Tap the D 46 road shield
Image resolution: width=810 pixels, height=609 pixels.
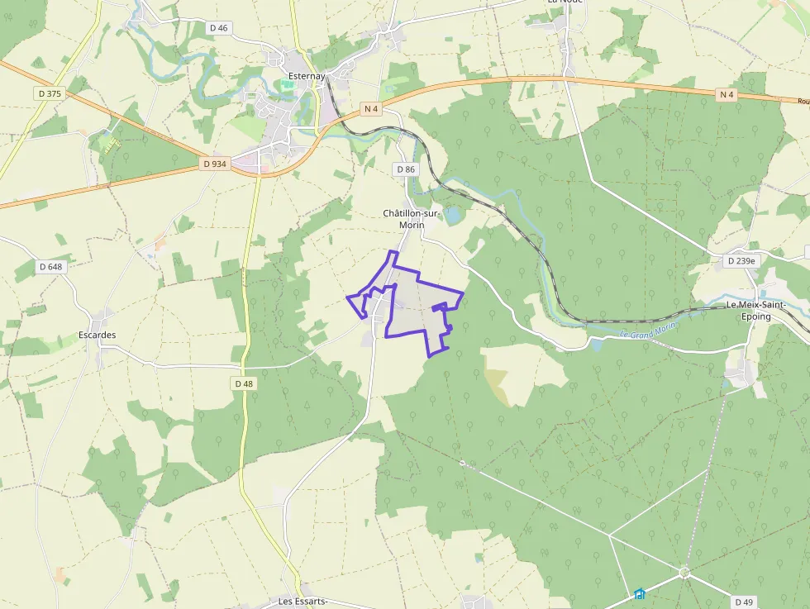(x=219, y=27)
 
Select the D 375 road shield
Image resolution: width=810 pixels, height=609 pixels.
(x=50, y=93)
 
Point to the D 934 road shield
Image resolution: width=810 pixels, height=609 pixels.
(x=214, y=164)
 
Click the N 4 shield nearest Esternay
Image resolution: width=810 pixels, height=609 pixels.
(x=371, y=108)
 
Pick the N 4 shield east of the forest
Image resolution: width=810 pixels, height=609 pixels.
(x=727, y=94)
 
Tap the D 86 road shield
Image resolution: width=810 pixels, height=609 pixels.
(x=405, y=169)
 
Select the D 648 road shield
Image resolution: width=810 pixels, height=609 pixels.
(x=50, y=266)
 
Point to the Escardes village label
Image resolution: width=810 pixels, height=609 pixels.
(x=97, y=335)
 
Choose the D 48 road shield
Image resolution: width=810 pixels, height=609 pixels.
(x=244, y=383)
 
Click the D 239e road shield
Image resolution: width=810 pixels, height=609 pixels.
(x=741, y=261)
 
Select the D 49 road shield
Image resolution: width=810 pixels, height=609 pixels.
(x=744, y=602)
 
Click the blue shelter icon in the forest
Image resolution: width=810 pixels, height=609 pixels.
(x=639, y=593)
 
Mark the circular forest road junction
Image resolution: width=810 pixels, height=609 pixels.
(x=684, y=572)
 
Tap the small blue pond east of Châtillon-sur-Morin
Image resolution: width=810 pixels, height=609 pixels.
(x=453, y=215)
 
